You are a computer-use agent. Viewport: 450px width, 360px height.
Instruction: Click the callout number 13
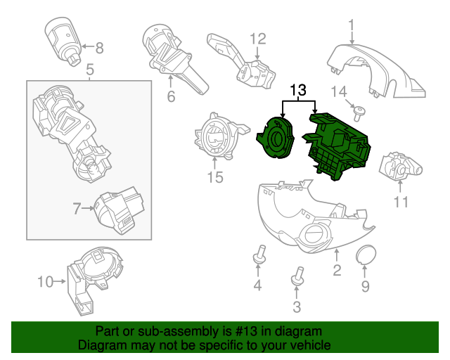298,90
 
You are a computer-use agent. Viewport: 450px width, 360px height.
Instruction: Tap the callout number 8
99,49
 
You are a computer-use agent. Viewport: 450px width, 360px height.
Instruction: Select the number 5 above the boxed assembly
89,70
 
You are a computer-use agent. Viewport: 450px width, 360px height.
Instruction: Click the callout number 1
351,27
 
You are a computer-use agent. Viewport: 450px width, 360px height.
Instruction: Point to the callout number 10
45,282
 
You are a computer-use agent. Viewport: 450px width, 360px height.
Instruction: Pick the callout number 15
214,177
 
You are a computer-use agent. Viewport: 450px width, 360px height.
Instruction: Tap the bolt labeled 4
258,256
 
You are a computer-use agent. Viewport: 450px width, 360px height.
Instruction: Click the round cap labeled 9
365,255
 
